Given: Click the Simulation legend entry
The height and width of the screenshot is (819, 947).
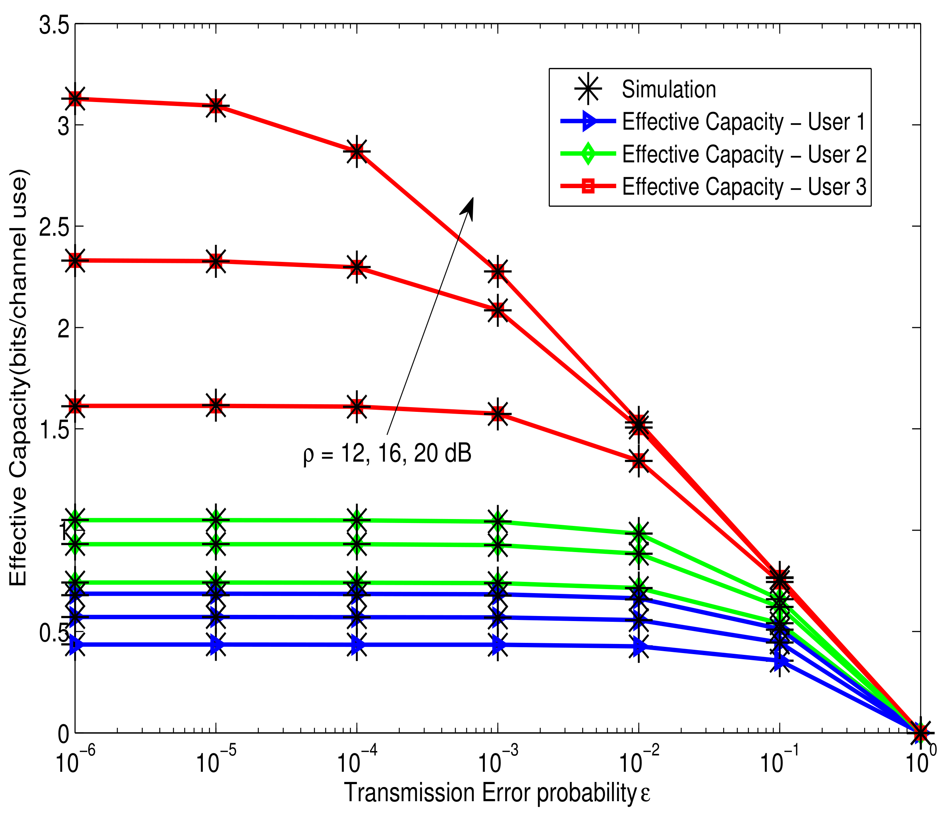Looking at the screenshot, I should (x=668, y=90).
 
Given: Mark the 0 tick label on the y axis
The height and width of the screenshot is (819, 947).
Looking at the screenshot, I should (x=64, y=734).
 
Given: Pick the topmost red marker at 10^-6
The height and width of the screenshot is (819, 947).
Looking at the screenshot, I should (x=75, y=99).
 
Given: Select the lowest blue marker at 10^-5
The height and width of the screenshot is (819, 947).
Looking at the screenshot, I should (x=216, y=644).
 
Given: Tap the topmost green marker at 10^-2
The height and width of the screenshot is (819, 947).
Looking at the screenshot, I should (x=639, y=534).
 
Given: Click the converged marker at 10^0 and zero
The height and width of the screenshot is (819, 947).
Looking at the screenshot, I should (x=920, y=733).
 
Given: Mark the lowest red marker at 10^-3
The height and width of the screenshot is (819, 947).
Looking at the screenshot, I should (x=498, y=414).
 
